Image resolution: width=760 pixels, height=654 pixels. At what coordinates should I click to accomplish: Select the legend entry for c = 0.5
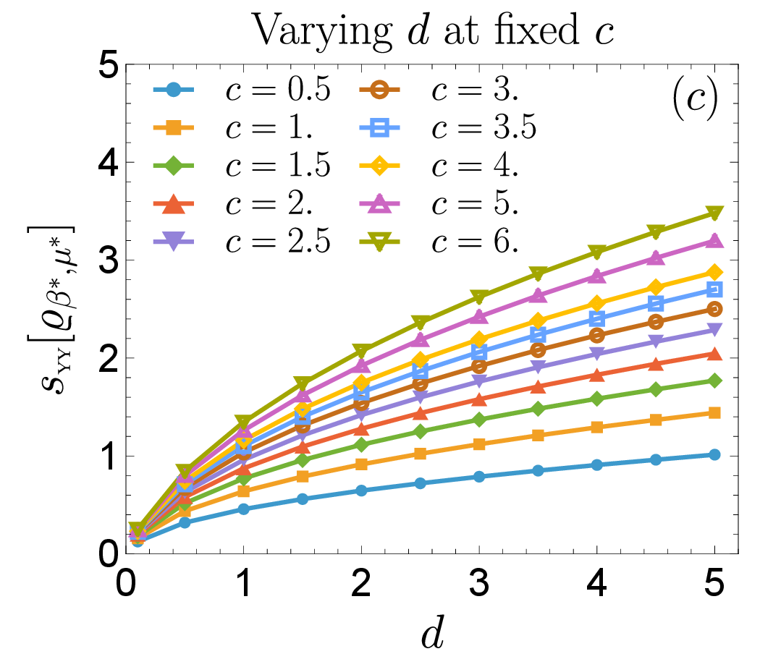pyautogui.click(x=241, y=90)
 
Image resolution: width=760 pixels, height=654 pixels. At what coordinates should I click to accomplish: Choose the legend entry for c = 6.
pyautogui.click(x=439, y=241)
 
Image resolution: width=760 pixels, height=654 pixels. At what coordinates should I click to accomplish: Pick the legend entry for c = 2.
pyautogui.click(x=233, y=203)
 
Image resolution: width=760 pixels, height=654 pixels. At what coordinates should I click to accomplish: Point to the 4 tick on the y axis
pyautogui.click(x=109, y=163)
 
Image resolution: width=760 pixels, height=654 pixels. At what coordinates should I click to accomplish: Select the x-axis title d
pyautogui.click(x=432, y=633)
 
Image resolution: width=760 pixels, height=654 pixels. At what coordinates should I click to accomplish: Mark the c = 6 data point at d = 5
pyautogui.click(x=714, y=213)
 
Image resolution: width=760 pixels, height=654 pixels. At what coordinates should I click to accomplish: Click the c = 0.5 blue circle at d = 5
pyautogui.click(x=714, y=454)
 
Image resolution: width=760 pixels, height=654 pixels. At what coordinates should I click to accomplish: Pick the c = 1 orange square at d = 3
pyautogui.click(x=479, y=443)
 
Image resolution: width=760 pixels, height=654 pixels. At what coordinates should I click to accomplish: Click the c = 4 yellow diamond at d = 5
pyautogui.click(x=714, y=272)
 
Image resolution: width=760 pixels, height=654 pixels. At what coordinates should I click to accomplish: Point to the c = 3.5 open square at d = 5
pyautogui.click(x=714, y=289)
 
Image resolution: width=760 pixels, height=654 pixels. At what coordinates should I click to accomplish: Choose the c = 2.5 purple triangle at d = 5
pyautogui.click(x=714, y=329)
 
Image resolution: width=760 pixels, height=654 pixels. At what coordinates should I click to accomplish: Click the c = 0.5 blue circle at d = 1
pyautogui.click(x=243, y=509)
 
